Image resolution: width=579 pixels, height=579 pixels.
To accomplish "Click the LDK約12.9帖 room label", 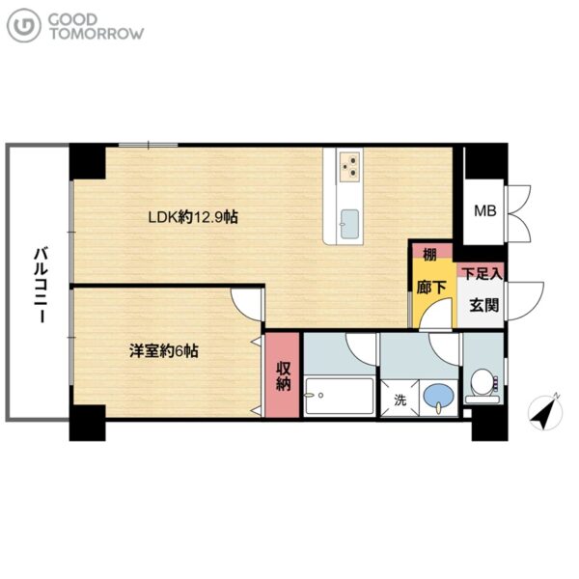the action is [x=193, y=217].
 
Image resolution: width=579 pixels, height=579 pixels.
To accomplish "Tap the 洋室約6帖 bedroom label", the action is [x=164, y=351].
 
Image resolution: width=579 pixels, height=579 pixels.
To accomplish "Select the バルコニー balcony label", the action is [x=41, y=286].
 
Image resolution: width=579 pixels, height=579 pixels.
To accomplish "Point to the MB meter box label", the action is [x=484, y=210].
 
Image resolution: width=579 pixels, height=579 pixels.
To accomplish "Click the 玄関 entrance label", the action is [x=483, y=305].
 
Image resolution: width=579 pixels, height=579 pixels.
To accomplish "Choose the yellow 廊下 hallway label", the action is [x=431, y=288].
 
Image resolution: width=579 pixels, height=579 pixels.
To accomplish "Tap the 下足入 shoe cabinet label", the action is [x=482, y=274].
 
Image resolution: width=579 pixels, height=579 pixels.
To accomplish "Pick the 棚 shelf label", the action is [x=429, y=254].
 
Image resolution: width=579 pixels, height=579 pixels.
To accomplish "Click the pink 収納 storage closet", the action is [x=283, y=375].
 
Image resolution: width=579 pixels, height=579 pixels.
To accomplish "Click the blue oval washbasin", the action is [x=439, y=396].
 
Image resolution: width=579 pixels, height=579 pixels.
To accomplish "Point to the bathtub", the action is [x=339, y=396].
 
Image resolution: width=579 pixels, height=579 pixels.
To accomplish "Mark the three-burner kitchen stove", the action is [x=349, y=167].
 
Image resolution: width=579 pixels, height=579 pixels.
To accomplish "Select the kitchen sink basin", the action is [x=349, y=224].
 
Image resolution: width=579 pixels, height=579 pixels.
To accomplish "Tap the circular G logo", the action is [x=24, y=25].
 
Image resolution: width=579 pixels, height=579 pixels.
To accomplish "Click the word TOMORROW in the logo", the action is [x=96, y=34].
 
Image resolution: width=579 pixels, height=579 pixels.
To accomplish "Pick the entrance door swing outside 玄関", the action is [x=524, y=301].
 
